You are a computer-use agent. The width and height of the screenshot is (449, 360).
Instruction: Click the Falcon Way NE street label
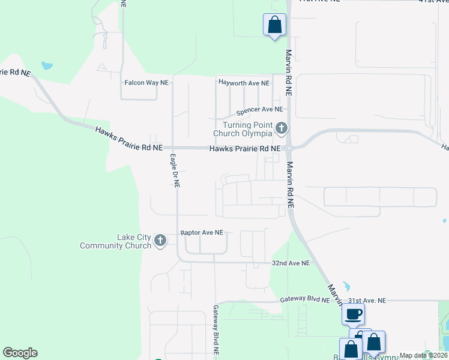pyautogui.click(x=146, y=83)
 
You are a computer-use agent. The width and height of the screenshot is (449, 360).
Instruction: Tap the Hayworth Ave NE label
pyautogui.click(x=243, y=82)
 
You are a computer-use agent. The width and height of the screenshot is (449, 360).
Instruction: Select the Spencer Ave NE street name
pyautogui.click(x=259, y=110)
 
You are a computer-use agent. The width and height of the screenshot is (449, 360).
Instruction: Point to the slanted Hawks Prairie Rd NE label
pyautogui.click(x=128, y=138)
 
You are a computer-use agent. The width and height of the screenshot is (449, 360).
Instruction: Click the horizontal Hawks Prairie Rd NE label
pyautogui.click(x=244, y=148)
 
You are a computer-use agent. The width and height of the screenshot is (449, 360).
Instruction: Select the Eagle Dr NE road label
pyautogui.click(x=174, y=171)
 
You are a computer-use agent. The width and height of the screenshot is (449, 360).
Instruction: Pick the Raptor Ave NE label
pyautogui.click(x=202, y=232)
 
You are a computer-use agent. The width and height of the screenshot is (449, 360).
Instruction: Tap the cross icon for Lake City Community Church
pyautogui.click(x=160, y=241)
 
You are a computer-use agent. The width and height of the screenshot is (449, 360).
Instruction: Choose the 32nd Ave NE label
pyautogui.click(x=291, y=263)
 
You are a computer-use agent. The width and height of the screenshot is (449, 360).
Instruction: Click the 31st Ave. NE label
pyautogui.click(x=367, y=300)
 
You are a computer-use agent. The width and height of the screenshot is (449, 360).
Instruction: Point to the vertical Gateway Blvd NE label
pyautogui.click(x=215, y=329)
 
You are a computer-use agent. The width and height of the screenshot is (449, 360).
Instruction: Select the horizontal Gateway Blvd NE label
pyautogui.click(x=305, y=299)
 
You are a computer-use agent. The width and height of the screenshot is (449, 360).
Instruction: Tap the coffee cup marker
pyautogui.click(x=354, y=313)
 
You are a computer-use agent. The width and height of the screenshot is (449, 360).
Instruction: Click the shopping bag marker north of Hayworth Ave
pyautogui.click(x=274, y=25)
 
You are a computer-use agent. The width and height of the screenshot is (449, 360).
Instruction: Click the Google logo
pyautogui.click(x=20, y=353)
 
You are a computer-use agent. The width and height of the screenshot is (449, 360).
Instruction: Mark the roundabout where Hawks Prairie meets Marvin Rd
pyautogui.click(x=289, y=148)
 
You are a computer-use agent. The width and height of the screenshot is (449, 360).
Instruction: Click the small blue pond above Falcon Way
pyautogui.click(x=46, y=65)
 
